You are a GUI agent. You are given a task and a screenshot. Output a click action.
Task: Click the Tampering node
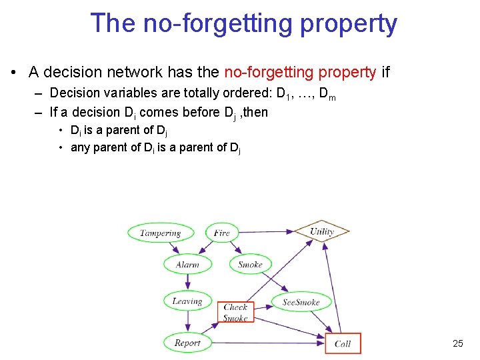click(161, 233)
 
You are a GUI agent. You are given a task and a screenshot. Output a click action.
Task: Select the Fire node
click(222, 233)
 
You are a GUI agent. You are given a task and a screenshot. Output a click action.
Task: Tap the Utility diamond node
click(321, 231)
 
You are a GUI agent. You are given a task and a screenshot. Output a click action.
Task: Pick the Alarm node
click(187, 264)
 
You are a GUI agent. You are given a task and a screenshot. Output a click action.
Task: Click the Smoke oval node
click(250, 264)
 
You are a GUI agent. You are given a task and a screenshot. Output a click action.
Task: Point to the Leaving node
click(187, 301)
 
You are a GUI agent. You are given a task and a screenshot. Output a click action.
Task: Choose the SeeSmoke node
click(301, 302)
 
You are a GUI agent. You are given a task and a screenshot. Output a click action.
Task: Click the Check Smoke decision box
click(235, 313)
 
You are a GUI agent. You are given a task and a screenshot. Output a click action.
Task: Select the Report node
click(187, 343)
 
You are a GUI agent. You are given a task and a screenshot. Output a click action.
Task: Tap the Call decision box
click(343, 343)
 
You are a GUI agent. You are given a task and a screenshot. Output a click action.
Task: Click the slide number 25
click(457, 343)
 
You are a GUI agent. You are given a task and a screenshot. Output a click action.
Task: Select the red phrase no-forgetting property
click(301, 72)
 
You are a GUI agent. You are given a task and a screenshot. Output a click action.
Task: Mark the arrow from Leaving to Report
click(187, 322)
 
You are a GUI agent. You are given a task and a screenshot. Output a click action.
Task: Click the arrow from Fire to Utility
click(267, 232)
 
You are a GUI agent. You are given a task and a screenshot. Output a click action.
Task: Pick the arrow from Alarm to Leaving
click(187, 283)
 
